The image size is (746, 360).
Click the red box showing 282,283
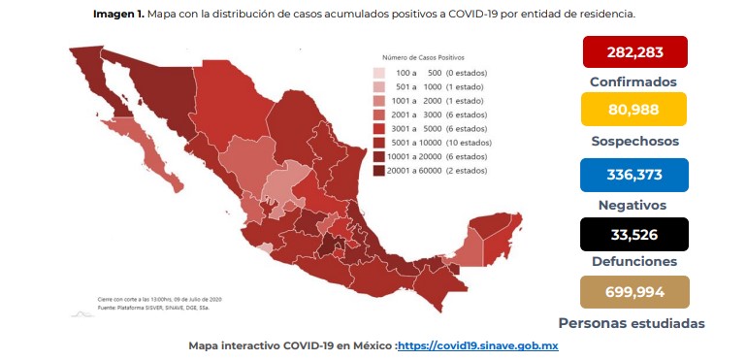click(x=634, y=51)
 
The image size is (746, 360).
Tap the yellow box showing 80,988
click(x=634, y=109)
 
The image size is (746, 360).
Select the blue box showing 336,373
click(x=634, y=174)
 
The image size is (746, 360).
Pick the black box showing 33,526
click(x=634, y=234)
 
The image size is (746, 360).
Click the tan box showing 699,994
click(x=634, y=292)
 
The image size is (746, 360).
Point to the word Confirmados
click(x=633, y=82)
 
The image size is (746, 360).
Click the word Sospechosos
click(x=633, y=141)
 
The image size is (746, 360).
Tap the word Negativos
click(x=633, y=205)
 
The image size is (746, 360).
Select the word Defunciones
click(x=633, y=262)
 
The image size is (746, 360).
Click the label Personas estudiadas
click(x=631, y=323)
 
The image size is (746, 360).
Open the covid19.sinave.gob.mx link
click(x=477, y=345)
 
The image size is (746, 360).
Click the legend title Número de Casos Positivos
click(x=424, y=58)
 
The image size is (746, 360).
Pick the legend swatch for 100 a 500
click(x=380, y=73)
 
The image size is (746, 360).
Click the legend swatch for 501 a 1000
click(x=380, y=86)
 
